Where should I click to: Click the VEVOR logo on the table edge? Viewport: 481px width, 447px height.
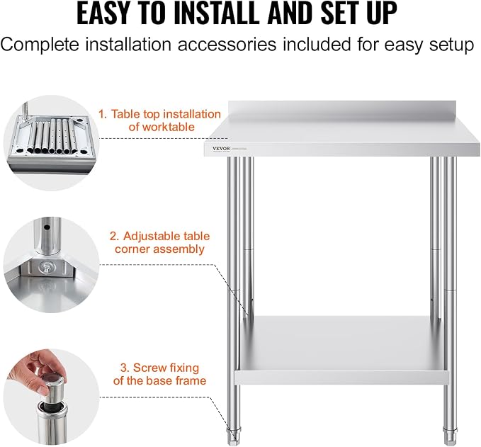pyautogui.click(x=221, y=149)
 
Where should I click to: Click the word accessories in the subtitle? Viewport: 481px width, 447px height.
pyautogui.click(x=227, y=44)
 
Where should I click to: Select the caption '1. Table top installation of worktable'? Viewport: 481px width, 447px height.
pyautogui.click(x=160, y=120)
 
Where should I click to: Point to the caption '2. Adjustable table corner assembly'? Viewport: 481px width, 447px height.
pyautogui.click(x=160, y=242)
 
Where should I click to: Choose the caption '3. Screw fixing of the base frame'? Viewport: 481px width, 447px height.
pyautogui.click(x=160, y=374)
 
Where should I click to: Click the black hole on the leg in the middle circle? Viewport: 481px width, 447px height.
pyautogui.click(x=47, y=227)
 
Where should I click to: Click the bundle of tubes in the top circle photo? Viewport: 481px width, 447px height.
pyautogui.click(x=51, y=136)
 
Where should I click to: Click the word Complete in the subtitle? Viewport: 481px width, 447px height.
pyautogui.click(x=40, y=45)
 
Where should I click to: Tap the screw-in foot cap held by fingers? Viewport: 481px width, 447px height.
pyautogui.click(x=52, y=384)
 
